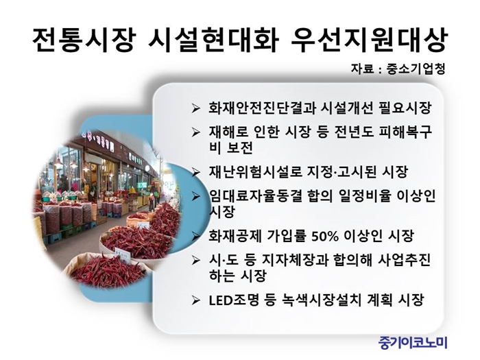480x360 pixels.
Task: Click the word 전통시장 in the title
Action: click(84, 40)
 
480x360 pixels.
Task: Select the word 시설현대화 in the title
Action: click(213, 40)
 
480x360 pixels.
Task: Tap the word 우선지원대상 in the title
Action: click(369, 40)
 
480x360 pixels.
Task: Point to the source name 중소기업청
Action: click(416, 69)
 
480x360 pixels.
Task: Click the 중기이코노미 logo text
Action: click(413, 342)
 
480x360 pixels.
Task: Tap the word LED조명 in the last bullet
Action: click(235, 300)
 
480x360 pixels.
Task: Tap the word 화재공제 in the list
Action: click(235, 236)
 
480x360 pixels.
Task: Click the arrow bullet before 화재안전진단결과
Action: click(195, 108)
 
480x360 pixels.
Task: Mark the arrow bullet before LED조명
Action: click(195, 300)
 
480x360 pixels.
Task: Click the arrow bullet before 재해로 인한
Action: click(195, 132)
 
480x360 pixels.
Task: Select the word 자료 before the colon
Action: click(362, 69)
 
